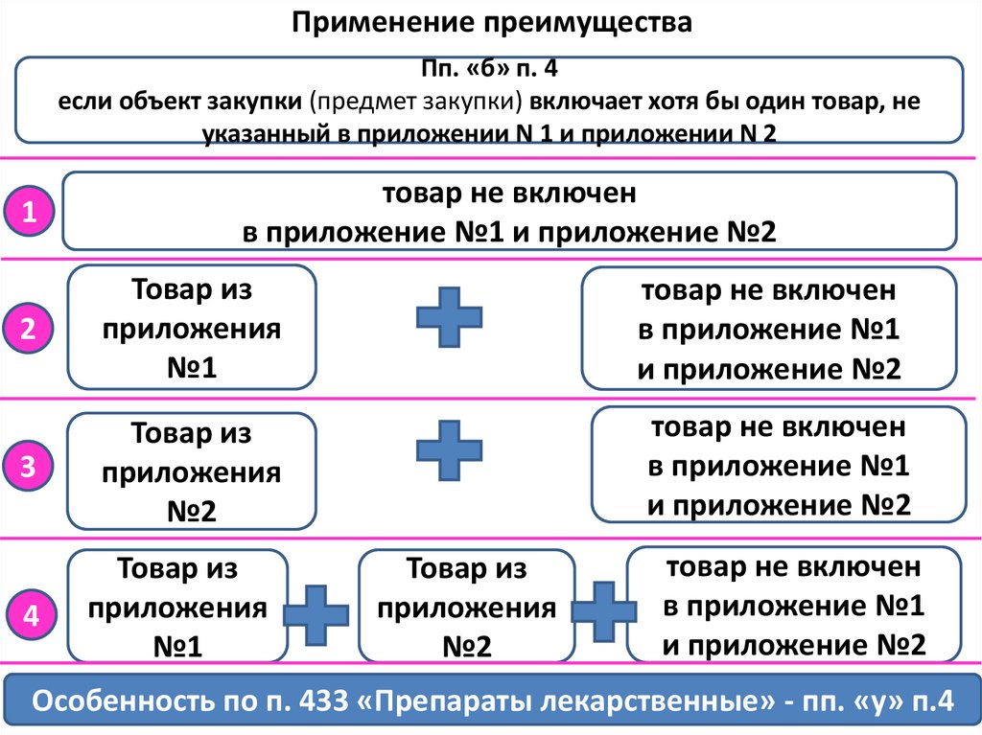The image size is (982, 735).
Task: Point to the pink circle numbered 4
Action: pos(31,617)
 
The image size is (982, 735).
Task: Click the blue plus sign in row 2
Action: pos(449,313)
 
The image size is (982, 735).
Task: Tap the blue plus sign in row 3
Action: pos(449,449)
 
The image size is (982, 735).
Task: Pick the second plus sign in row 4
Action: pos(600,610)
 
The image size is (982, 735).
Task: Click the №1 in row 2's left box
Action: pos(191,368)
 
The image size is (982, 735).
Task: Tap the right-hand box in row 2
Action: pos(768,327)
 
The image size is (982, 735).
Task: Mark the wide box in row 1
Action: pos(508,212)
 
